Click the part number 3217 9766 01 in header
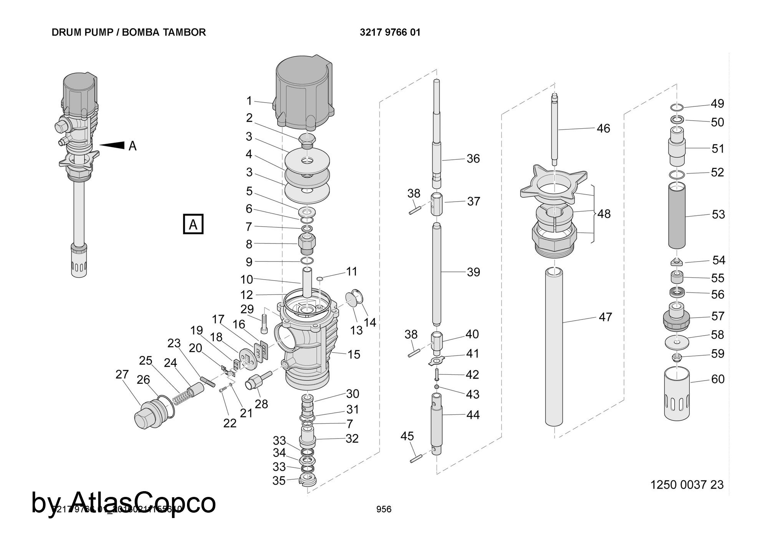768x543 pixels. [x=390, y=32]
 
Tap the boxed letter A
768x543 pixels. [x=193, y=224]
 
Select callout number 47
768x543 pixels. [x=605, y=317]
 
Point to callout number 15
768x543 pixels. [x=354, y=354]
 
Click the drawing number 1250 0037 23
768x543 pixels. [x=687, y=485]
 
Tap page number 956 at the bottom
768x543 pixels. [x=384, y=509]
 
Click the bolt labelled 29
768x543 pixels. [x=264, y=324]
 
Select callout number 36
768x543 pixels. [x=473, y=159]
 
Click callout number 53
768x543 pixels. [x=718, y=214]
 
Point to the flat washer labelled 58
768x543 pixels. [x=677, y=341]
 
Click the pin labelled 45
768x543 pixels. [x=416, y=459]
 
